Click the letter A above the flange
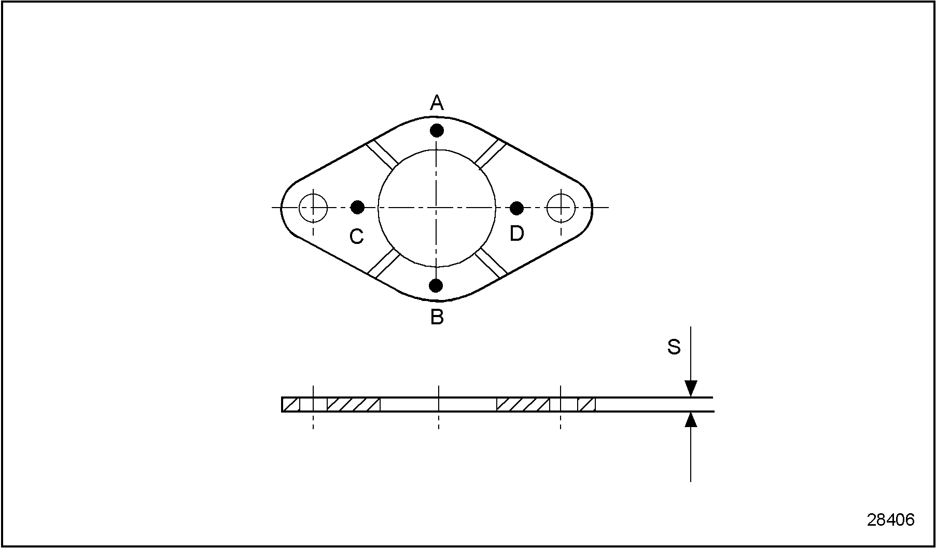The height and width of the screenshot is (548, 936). (x=437, y=103)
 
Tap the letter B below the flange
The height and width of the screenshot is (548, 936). (x=437, y=317)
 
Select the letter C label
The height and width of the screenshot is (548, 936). (x=356, y=237)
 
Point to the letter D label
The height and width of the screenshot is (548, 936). (x=516, y=234)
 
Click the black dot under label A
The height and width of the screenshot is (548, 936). (x=437, y=130)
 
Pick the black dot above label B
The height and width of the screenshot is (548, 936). (x=436, y=285)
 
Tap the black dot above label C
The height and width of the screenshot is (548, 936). (x=357, y=208)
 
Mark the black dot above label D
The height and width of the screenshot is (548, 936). (x=516, y=208)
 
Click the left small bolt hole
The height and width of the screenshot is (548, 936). (x=313, y=208)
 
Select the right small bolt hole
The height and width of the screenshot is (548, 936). (x=561, y=208)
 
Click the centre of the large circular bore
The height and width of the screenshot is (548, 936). (x=437, y=208)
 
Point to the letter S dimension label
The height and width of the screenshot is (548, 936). (x=674, y=347)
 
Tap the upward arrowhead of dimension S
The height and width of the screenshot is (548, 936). (x=691, y=419)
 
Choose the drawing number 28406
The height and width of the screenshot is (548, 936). (x=890, y=520)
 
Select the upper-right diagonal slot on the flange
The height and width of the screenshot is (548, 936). (x=490, y=154)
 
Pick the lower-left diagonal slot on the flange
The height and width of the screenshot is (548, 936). (x=384, y=263)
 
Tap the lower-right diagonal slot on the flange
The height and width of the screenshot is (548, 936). (x=491, y=262)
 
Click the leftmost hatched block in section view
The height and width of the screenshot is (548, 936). (x=291, y=405)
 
